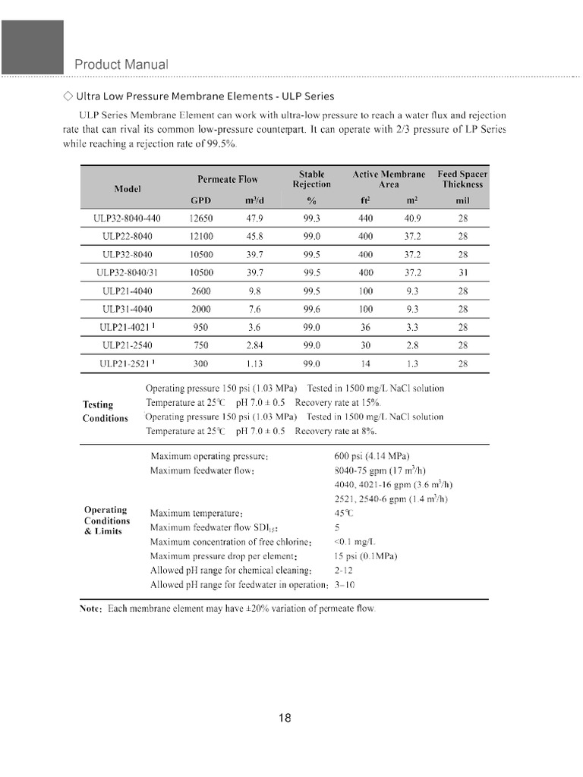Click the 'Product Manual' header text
point(121,64)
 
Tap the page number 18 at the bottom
point(285,719)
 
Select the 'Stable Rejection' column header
point(311,179)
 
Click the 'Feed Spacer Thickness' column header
point(462,179)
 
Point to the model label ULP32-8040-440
point(127,218)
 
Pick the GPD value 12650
point(200,218)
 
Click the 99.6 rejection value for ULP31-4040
point(311,309)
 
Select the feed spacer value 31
point(462,272)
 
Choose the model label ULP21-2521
point(124,363)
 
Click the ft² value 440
point(365,218)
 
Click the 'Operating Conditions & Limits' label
point(106,521)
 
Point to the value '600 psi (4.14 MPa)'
point(371,457)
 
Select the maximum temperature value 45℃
point(343,513)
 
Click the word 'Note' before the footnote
point(92,609)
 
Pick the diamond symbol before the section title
point(68,96)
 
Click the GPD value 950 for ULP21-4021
point(200,327)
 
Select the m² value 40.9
point(414,218)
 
